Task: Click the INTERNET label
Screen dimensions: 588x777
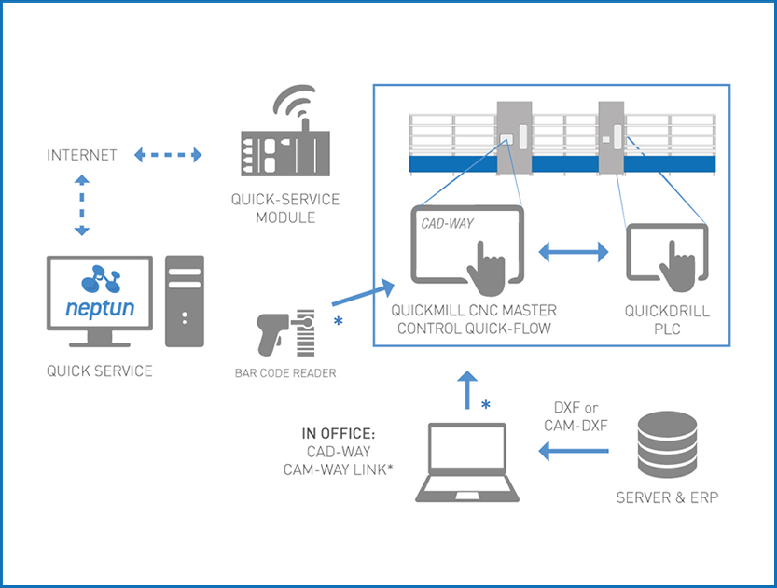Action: coord(82,155)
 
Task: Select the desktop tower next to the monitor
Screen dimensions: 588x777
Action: coord(185,301)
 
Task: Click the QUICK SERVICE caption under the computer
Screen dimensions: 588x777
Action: coord(100,371)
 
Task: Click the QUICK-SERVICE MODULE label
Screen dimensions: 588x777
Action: coord(285,208)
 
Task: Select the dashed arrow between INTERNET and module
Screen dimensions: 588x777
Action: coord(168,155)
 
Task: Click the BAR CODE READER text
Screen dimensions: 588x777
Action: coord(285,373)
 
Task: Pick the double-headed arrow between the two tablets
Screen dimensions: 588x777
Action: coord(573,251)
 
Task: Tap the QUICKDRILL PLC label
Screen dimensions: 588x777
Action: coord(664,318)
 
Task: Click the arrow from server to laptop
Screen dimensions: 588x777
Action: coord(573,453)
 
